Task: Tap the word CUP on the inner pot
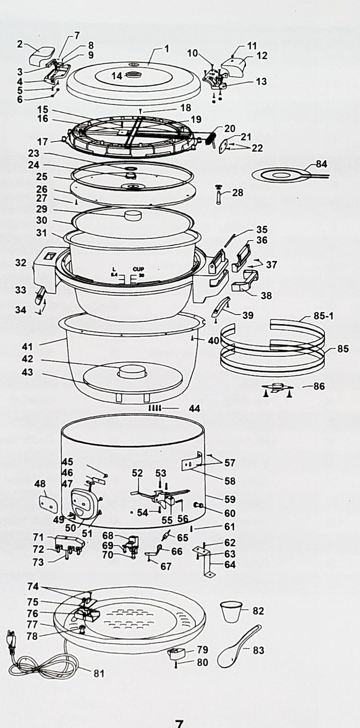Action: (138, 269)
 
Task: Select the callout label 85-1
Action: (323, 316)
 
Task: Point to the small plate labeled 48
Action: (47, 501)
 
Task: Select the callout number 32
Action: (21, 263)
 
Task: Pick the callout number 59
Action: (230, 499)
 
